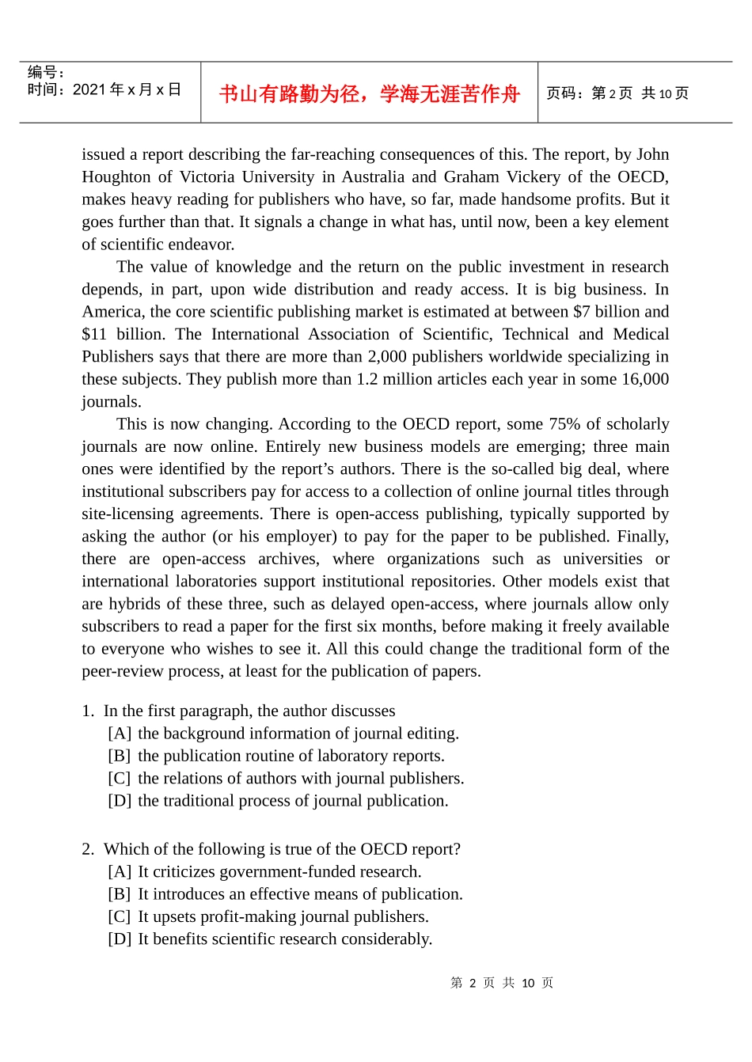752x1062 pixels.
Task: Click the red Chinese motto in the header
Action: click(x=369, y=94)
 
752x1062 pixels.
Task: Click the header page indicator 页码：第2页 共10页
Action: click(x=617, y=93)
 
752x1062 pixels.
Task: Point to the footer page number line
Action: click(x=502, y=983)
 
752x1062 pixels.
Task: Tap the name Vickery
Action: click(x=533, y=176)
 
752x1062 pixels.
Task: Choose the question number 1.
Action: click(x=87, y=711)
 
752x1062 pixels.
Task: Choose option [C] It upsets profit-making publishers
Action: click(x=268, y=916)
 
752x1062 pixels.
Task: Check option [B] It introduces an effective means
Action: click(x=285, y=893)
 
